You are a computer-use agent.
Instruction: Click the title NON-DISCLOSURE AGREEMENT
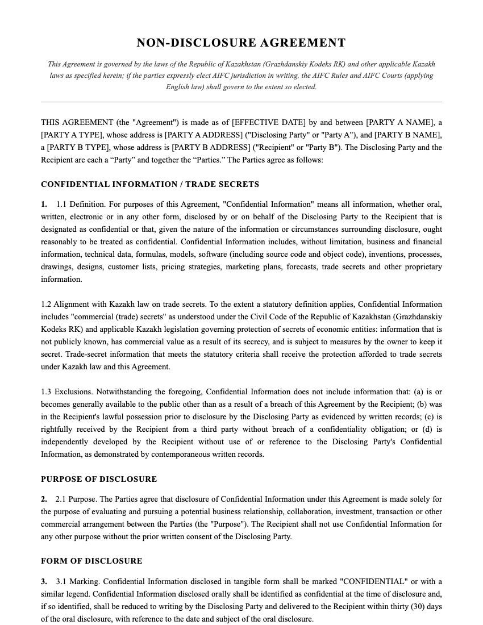tap(241, 43)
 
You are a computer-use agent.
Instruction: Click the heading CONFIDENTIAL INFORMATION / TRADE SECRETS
tap(150, 184)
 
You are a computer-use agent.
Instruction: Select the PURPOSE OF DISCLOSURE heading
tap(99, 479)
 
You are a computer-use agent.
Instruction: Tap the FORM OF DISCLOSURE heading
tap(91, 561)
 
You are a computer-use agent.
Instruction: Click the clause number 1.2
tap(46, 304)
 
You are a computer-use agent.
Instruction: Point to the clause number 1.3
tap(46, 391)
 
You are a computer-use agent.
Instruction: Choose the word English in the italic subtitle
tap(179, 87)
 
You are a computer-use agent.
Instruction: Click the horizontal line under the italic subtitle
tap(241, 102)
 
